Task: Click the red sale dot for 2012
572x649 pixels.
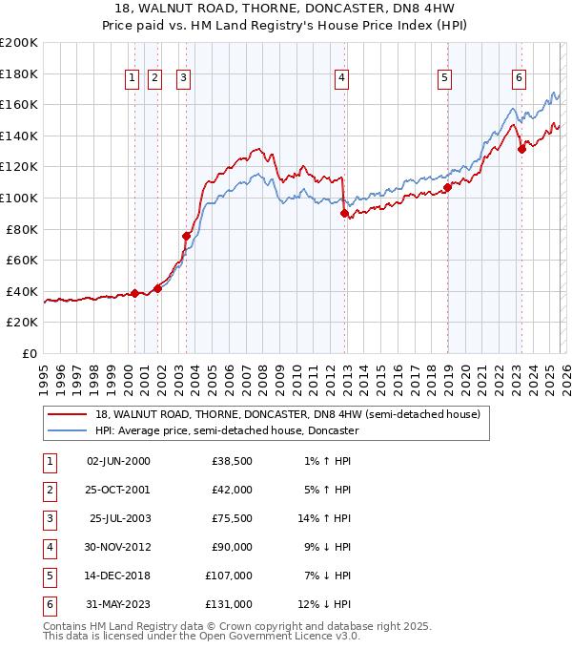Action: coord(344,214)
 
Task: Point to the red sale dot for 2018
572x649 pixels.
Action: coord(446,187)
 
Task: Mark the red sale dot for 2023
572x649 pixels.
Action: coord(521,149)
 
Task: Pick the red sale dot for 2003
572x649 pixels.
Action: coord(187,235)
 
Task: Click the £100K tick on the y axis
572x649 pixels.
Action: coord(20,198)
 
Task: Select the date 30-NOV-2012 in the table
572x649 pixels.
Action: coord(118,548)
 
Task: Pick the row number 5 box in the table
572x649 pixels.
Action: coord(47,576)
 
